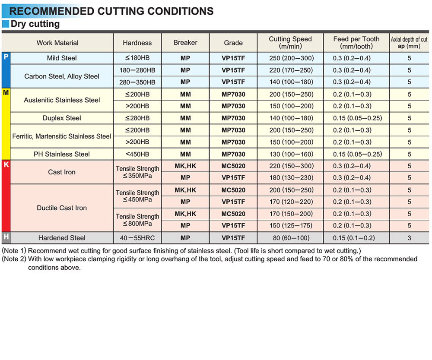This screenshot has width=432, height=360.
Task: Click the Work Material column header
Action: [x=57, y=43]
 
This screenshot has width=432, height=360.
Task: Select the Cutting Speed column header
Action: [x=290, y=42]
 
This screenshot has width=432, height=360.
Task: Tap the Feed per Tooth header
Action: [x=356, y=42]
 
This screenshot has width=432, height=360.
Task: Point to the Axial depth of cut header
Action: [x=409, y=42]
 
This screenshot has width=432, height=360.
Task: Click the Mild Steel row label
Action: [x=62, y=58]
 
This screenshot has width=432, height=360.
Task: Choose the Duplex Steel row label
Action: [x=62, y=118]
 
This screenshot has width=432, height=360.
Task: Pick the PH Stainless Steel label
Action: [x=62, y=154]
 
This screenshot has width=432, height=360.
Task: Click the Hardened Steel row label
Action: [x=62, y=238]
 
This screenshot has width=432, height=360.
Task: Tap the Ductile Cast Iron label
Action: [x=62, y=208]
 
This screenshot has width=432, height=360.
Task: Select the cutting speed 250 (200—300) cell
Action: [x=290, y=58]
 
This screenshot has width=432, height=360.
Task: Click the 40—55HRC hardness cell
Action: [x=137, y=238]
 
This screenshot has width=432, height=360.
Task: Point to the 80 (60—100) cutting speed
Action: [x=290, y=238]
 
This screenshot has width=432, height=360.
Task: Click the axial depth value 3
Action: [x=409, y=238]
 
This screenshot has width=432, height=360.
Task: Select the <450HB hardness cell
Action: [x=137, y=154]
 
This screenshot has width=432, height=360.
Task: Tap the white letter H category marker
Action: [x=6, y=237]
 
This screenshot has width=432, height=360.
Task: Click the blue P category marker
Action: [x=6, y=57]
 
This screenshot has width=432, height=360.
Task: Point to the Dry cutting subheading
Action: [x=35, y=24]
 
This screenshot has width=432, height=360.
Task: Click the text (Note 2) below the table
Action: [x=14, y=259]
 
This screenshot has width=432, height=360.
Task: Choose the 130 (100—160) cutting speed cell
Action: [x=290, y=154]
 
